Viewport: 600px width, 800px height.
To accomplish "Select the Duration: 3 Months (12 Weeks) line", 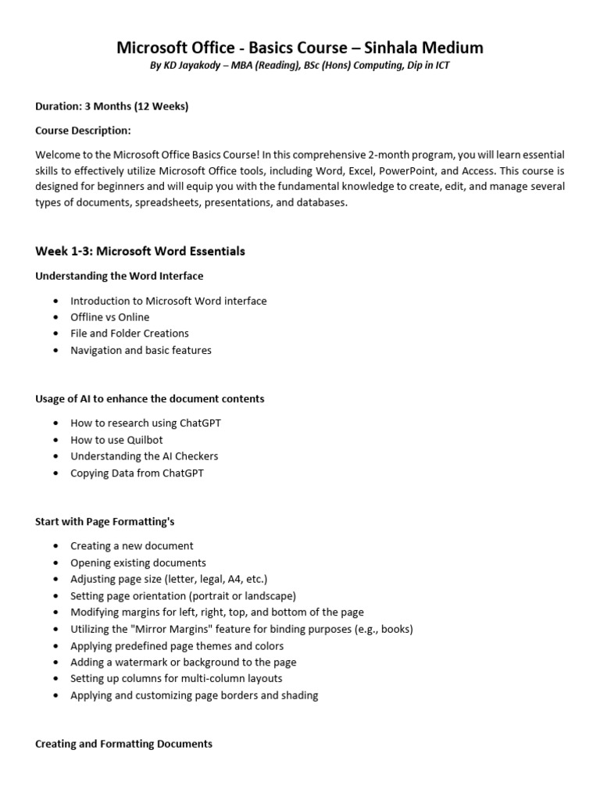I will click(x=112, y=106).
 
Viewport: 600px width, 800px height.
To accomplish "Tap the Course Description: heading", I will click(x=83, y=130).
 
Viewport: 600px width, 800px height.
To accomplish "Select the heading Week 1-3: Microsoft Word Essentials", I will click(x=140, y=252).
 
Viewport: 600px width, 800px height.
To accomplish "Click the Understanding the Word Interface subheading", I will click(x=119, y=276).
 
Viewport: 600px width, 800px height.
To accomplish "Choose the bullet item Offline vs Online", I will click(x=109, y=317).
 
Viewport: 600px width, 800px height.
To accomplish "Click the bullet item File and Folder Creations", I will click(x=129, y=334).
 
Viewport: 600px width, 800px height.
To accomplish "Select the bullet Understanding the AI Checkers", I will click(x=144, y=456).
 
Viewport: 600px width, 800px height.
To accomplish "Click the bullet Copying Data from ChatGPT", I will click(x=137, y=473).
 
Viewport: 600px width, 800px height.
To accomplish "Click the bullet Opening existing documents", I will click(x=137, y=562).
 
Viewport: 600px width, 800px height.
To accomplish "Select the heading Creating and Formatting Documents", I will click(x=123, y=744).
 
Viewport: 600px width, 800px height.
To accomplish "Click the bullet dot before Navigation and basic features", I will click(x=55, y=351).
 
